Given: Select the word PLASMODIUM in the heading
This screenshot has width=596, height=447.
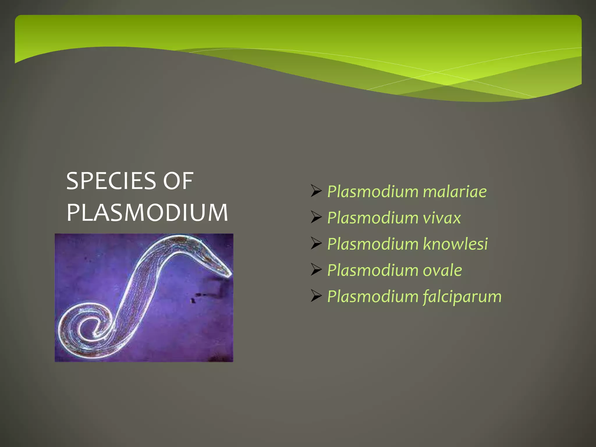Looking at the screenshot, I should click(147, 213).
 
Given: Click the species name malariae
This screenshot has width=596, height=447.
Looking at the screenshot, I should click(455, 192).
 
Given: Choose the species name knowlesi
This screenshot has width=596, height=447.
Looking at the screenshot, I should click(455, 244).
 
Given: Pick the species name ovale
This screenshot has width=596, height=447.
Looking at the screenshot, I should click(442, 270).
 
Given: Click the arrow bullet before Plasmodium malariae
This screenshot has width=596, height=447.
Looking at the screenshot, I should click(316, 191).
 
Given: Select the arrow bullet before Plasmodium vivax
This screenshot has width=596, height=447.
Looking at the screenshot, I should click(316, 217).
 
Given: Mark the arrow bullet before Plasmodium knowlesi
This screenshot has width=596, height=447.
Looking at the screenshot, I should click(316, 244).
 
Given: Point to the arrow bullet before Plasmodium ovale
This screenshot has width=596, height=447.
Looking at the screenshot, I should click(316, 270).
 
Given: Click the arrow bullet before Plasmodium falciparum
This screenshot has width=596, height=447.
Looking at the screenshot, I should click(316, 296).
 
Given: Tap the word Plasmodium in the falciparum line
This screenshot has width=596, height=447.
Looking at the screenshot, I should click(373, 297).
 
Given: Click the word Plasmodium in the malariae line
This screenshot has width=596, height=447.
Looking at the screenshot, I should click(373, 192).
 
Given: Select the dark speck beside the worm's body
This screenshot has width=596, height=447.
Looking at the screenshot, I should click(193, 300).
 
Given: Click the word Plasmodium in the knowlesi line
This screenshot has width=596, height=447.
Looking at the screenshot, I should click(373, 244).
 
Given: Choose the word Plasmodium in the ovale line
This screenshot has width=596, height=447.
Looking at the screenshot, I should click(373, 270).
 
